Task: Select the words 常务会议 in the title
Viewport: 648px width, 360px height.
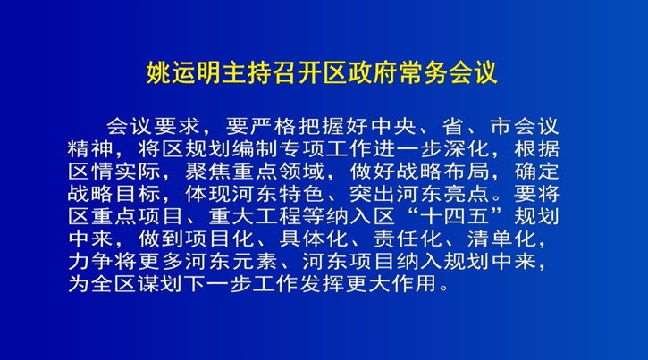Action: click(x=448, y=73)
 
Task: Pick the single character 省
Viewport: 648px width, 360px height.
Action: click(x=453, y=126)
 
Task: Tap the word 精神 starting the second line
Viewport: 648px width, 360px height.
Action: click(x=90, y=148)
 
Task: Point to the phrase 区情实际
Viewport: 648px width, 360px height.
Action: click(x=114, y=172)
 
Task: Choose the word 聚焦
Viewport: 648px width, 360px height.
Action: click(x=208, y=172)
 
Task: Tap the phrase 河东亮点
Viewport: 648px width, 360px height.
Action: click(x=443, y=194)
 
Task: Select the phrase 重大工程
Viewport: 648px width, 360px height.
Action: click(x=255, y=216)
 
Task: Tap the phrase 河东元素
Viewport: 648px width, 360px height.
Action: click(x=231, y=262)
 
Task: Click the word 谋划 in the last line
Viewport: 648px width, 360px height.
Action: click(x=161, y=284)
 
